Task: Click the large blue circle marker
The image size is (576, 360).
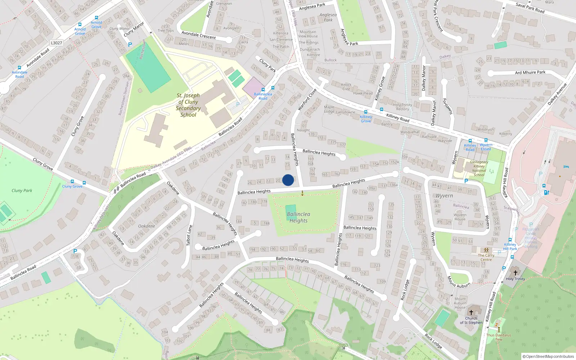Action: (x=288, y=180)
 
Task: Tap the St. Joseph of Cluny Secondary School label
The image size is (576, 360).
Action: (x=188, y=105)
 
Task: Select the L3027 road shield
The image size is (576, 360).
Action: (x=57, y=43)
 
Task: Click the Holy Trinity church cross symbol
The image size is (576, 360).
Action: (x=515, y=273)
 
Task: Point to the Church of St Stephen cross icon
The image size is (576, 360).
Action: (x=471, y=312)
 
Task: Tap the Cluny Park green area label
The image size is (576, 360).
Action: (x=22, y=190)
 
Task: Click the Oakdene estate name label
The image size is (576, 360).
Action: (x=147, y=226)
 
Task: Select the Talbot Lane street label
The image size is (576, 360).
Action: (x=189, y=235)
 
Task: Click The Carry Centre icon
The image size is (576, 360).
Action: (x=486, y=250)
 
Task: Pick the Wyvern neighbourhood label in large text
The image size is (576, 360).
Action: (x=444, y=196)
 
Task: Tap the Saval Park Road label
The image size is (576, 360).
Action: (x=530, y=8)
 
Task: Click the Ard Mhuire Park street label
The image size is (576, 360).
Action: (x=530, y=72)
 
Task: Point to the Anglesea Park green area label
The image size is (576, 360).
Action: (x=328, y=17)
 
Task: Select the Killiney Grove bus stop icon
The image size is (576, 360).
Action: (x=366, y=112)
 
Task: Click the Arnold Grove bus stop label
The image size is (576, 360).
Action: (x=80, y=31)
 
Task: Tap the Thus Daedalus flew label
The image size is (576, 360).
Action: (x=499, y=337)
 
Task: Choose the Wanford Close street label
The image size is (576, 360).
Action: (x=307, y=99)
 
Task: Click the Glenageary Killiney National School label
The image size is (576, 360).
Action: (x=479, y=168)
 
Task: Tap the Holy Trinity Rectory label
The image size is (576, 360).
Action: (x=402, y=107)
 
